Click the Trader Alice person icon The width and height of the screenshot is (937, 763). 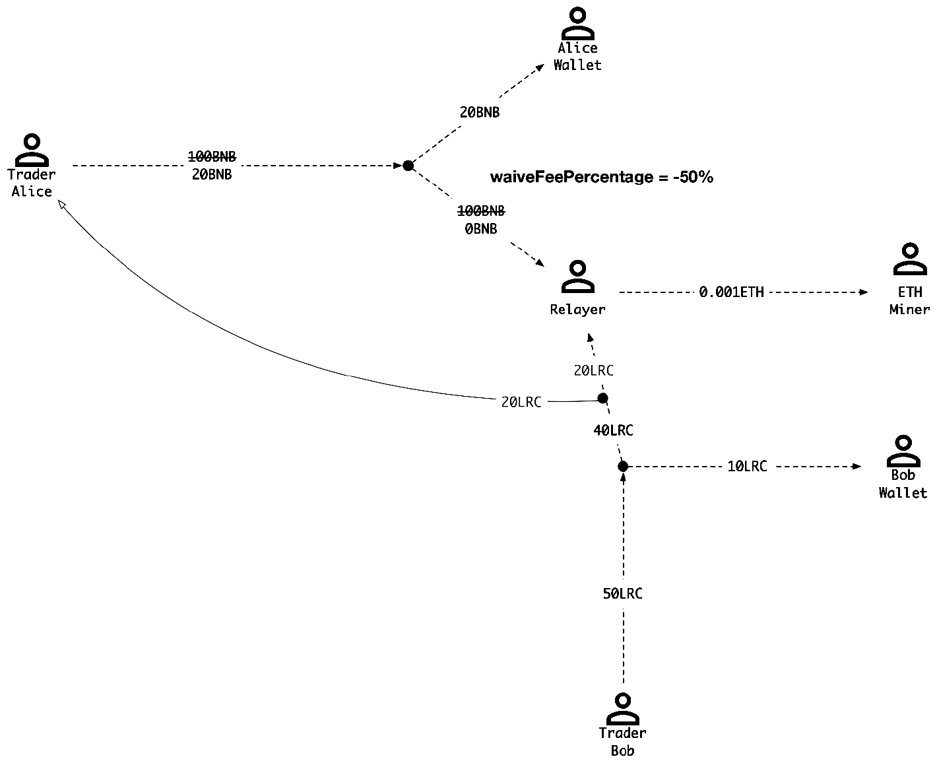(x=31, y=150)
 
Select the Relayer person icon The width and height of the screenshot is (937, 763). (x=577, y=277)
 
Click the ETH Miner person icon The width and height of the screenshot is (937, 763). (x=909, y=259)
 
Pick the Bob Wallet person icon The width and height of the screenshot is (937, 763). (x=903, y=451)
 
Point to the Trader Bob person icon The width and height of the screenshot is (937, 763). (x=622, y=709)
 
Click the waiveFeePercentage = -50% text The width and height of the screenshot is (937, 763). (x=601, y=177)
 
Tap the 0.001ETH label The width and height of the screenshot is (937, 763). (x=731, y=292)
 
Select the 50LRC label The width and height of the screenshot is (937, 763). (x=622, y=593)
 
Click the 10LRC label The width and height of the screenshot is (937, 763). (x=747, y=466)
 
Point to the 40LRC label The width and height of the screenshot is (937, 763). (x=613, y=430)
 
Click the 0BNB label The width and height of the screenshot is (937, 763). (x=480, y=228)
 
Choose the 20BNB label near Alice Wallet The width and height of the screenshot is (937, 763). (x=480, y=112)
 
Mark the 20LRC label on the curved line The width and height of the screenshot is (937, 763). (x=521, y=401)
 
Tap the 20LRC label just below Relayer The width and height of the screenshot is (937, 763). (x=593, y=370)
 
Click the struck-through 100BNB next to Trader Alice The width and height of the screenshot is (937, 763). (x=212, y=156)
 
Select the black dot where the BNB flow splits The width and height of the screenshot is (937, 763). (x=408, y=166)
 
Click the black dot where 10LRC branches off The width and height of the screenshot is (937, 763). (x=622, y=467)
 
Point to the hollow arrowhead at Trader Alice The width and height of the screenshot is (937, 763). (x=61, y=206)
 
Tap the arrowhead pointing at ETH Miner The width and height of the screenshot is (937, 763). (x=864, y=292)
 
